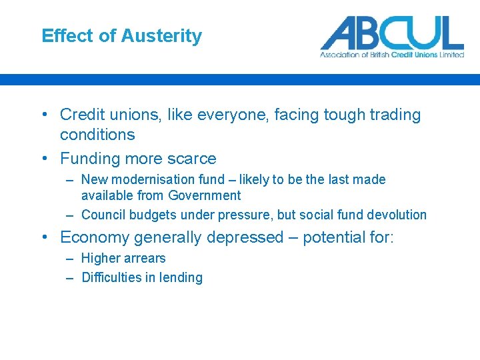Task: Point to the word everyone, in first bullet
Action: [227, 115]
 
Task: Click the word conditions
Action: [97, 135]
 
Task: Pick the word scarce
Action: [191, 159]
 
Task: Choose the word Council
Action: [104, 215]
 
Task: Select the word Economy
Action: [96, 237]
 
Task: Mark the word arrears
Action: [143, 258]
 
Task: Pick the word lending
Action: [179, 277]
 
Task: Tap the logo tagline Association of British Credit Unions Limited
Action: [392, 55]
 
